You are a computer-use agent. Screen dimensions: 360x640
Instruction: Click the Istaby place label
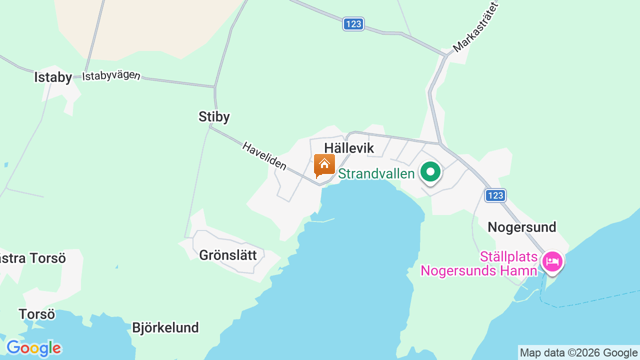pyautogui.click(x=53, y=77)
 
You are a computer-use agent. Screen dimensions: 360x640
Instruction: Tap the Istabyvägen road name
pyautogui.click(x=111, y=76)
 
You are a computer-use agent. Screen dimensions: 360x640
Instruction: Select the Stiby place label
pyautogui.click(x=214, y=116)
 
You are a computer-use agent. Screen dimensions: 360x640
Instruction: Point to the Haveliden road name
pyautogui.click(x=264, y=155)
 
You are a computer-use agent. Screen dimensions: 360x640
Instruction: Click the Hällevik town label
pyautogui.click(x=349, y=148)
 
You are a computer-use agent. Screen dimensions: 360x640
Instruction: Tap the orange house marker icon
pyautogui.click(x=324, y=165)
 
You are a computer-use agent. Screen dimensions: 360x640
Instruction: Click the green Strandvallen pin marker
pyautogui.click(x=430, y=172)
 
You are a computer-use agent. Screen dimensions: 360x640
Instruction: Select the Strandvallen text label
pyautogui.click(x=376, y=173)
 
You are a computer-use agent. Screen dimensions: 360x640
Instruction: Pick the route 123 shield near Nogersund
pyautogui.click(x=495, y=195)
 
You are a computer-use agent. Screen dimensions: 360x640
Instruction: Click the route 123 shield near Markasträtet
pyautogui.click(x=353, y=24)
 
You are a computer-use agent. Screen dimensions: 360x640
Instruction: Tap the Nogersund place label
pyautogui.click(x=521, y=227)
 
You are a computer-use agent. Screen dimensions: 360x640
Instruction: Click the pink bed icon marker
pyautogui.click(x=552, y=261)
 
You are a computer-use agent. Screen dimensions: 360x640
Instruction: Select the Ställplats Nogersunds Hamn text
pyautogui.click(x=479, y=264)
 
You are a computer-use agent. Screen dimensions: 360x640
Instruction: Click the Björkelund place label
pyautogui.click(x=165, y=327)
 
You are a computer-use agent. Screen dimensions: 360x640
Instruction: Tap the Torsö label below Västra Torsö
pyautogui.click(x=36, y=314)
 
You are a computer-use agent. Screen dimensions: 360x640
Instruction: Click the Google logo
pyautogui.click(x=33, y=348)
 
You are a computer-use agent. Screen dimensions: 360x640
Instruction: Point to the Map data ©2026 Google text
pyautogui.click(x=578, y=353)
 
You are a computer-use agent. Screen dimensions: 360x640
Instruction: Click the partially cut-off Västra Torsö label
pyautogui.click(x=32, y=258)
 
